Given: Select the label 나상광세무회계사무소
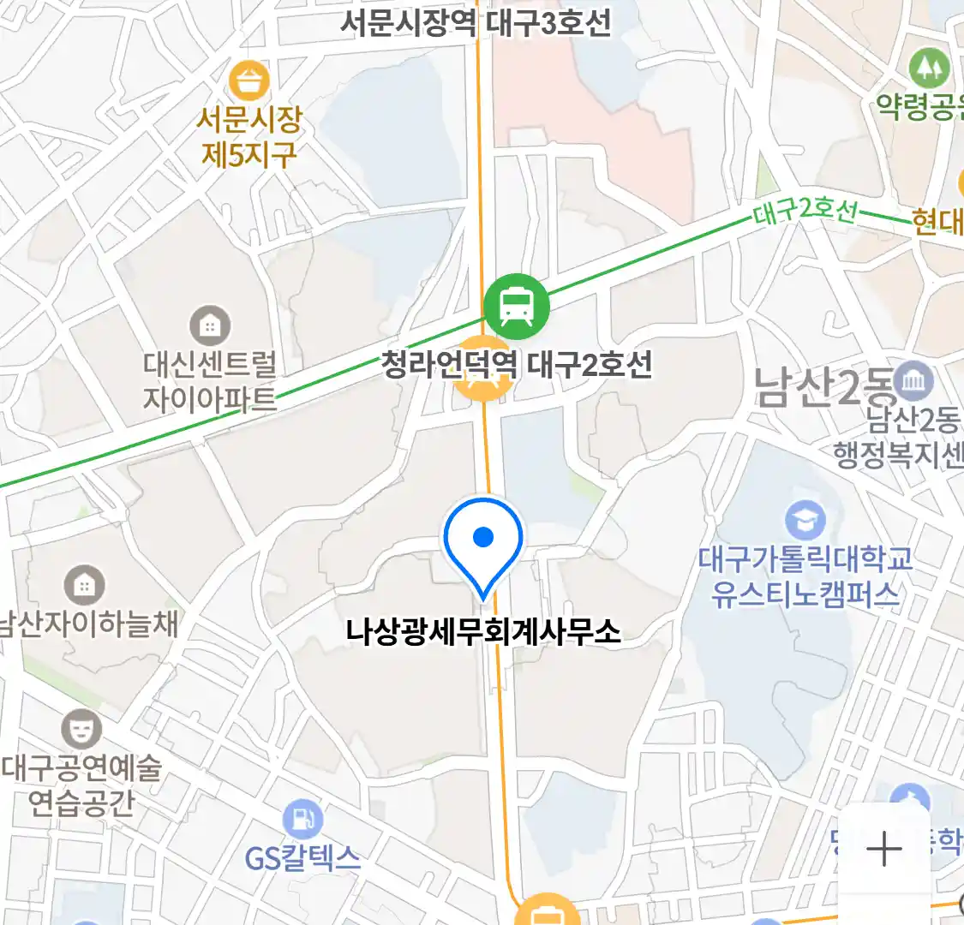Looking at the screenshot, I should point(483,632).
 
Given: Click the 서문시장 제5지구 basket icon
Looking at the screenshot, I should point(249,83).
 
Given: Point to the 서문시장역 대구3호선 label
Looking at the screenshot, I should point(476,22).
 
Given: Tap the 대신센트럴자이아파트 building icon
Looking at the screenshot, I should point(210,326).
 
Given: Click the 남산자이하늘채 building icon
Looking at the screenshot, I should point(84,586).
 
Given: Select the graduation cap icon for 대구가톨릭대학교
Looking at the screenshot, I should point(805,520).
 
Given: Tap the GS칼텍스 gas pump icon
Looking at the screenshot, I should point(302,818).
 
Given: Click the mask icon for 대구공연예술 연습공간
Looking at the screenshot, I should point(81,731).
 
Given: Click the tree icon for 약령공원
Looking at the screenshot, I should point(929,67).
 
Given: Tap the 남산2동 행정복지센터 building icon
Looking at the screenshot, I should point(914,381).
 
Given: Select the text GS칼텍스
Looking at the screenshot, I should point(302,857).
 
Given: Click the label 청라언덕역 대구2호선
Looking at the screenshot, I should point(516,366).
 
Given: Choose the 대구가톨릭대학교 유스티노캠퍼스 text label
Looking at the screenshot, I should point(805,576).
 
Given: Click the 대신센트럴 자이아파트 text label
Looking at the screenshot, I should point(210,382).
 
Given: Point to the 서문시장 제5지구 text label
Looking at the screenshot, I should point(249,136).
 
